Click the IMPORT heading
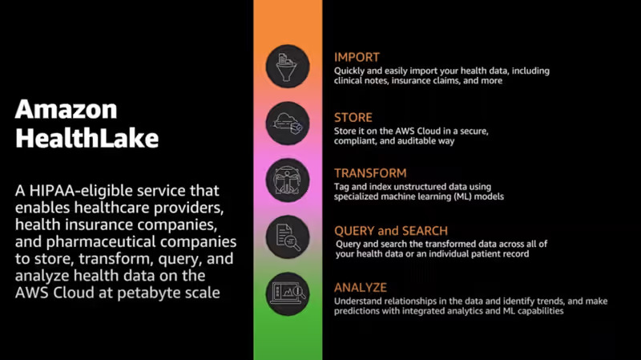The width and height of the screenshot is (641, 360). click(x=357, y=57)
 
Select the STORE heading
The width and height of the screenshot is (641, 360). click(x=353, y=118)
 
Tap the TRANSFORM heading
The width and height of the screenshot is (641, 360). click(x=370, y=173)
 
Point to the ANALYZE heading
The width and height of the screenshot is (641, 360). click(x=361, y=288)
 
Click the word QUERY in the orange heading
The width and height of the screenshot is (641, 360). click(x=355, y=231)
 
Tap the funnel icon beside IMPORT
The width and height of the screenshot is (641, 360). click(x=288, y=66)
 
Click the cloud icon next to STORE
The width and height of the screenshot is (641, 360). click(x=288, y=123)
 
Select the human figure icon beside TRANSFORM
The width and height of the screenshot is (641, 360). click(x=288, y=180)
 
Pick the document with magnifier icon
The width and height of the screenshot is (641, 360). click(x=288, y=237)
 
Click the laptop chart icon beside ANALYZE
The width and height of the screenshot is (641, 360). click(x=288, y=293)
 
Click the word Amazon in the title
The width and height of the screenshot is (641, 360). click(x=67, y=109)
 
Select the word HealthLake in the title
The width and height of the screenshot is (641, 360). click(x=87, y=138)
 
